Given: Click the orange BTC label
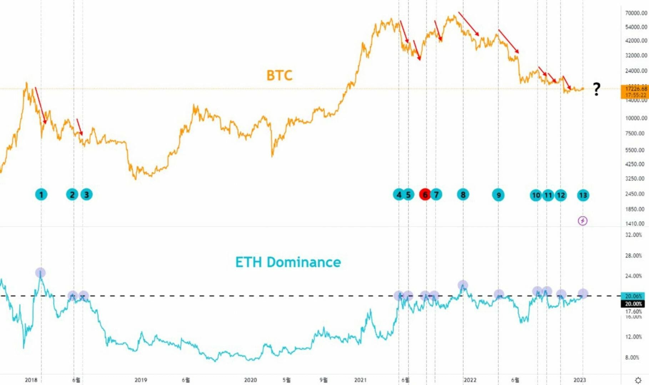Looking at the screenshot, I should coord(279,75).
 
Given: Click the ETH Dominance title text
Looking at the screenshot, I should coord(288,262).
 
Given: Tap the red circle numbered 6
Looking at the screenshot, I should coord(425,195).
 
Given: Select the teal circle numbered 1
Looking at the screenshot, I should coord(41,195).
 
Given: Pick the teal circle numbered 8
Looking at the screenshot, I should coord(463,195).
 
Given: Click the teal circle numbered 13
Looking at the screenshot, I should coord(583,195).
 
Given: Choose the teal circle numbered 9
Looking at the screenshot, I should coord(498,195).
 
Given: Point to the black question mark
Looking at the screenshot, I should coord(597,89).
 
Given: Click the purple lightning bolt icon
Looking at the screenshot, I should coord(582,221).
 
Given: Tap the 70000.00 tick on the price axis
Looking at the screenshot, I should coord(636,13).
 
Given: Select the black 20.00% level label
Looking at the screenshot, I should coord(633,304).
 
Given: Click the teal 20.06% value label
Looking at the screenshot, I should coord(633,296).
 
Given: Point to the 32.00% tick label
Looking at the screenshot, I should coord(633,235).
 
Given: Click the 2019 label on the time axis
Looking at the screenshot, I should coord(141,380).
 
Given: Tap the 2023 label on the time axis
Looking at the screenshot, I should coord(579,380).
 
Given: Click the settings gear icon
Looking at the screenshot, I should coord(638,380).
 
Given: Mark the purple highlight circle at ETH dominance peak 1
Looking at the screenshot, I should coord(40,273).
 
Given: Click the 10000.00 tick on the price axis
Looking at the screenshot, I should coord(636,118).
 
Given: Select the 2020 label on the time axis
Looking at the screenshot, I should coord(250,380).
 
